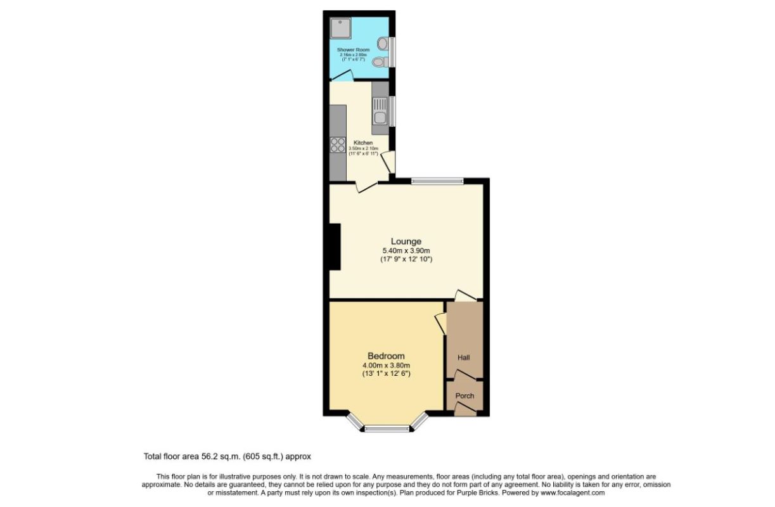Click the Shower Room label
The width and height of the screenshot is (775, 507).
coord(350,49)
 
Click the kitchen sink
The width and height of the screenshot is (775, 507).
coord(380,114)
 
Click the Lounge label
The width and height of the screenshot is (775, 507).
coord(406,241)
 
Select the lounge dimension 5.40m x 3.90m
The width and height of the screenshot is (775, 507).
coord(406,251)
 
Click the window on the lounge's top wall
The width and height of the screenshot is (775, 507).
coord(437,181)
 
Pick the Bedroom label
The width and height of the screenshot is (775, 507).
coord(386,356)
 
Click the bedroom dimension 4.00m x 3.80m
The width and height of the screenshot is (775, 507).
coord(386,366)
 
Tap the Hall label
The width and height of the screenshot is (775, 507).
coord(464,358)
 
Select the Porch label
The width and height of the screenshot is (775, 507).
coord(464,396)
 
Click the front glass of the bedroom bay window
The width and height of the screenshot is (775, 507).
coord(387,429)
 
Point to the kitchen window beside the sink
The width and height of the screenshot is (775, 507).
coord(392,112)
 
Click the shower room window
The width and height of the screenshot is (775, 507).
coord(392,53)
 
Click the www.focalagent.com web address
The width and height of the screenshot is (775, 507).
coord(572,492)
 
